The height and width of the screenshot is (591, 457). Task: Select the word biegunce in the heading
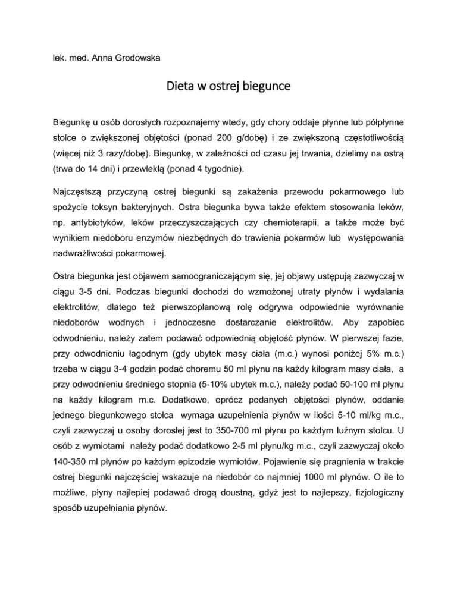click(264, 86)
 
